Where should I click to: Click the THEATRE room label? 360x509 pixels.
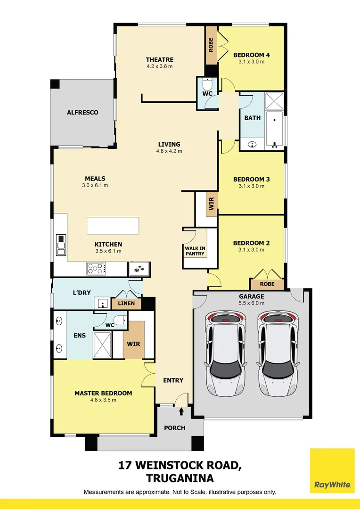click(x=159, y=60)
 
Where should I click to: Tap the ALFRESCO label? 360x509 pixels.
click(x=82, y=113)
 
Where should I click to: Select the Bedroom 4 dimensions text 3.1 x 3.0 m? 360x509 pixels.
click(x=251, y=62)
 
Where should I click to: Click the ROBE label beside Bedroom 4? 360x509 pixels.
click(x=211, y=44)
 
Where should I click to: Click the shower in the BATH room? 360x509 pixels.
click(x=274, y=101)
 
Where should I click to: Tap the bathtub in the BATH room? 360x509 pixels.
click(x=274, y=130)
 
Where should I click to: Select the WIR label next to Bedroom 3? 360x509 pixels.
click(x=212, y=204)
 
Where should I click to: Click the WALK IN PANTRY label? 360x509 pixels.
click(x=195, y=251)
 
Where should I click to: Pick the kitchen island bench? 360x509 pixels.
click(x=113, y=225)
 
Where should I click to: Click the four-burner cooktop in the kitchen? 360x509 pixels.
click(x=96, y=269)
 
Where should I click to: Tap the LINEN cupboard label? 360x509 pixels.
click(x=126, y=304)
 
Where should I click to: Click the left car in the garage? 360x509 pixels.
click(x=225, y=354)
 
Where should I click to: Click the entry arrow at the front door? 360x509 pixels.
click(x=181, y=411)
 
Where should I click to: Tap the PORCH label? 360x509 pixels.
click(x=174, y=428)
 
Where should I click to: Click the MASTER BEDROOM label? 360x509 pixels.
click(x=103, y=393)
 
